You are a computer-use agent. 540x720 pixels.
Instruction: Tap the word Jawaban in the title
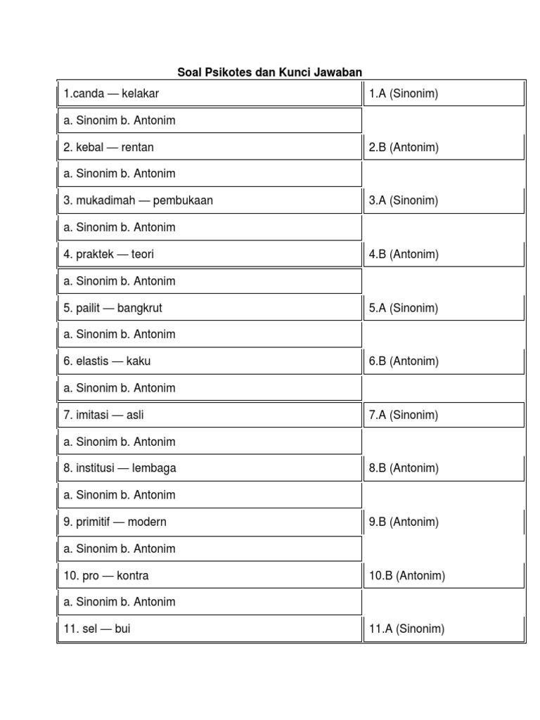click(337, 72)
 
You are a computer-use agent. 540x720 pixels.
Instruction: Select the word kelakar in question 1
click(141, 94)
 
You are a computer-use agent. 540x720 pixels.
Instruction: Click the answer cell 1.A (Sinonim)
click(404, 94)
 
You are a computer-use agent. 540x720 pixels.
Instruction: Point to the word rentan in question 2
click(138, 148)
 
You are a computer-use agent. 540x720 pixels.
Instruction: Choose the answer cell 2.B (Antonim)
click(404, 148)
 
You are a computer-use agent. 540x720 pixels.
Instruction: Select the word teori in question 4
click(143, 255)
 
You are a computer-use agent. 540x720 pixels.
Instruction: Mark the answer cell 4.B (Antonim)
click(404, 255)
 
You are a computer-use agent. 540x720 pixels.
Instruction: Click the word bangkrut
click(140, 308)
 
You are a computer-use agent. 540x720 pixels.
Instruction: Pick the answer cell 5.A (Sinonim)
click(404, 308)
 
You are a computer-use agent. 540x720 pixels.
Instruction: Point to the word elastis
click(92, 361)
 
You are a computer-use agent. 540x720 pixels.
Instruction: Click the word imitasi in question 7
click(92, 415)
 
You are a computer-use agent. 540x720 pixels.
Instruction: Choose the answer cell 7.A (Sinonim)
click(404, 415)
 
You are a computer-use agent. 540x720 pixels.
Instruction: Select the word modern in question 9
click(147, 522)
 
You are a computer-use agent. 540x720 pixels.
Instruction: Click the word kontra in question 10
click(133, 576)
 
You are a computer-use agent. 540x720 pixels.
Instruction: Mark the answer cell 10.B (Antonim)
click(407, 576)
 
